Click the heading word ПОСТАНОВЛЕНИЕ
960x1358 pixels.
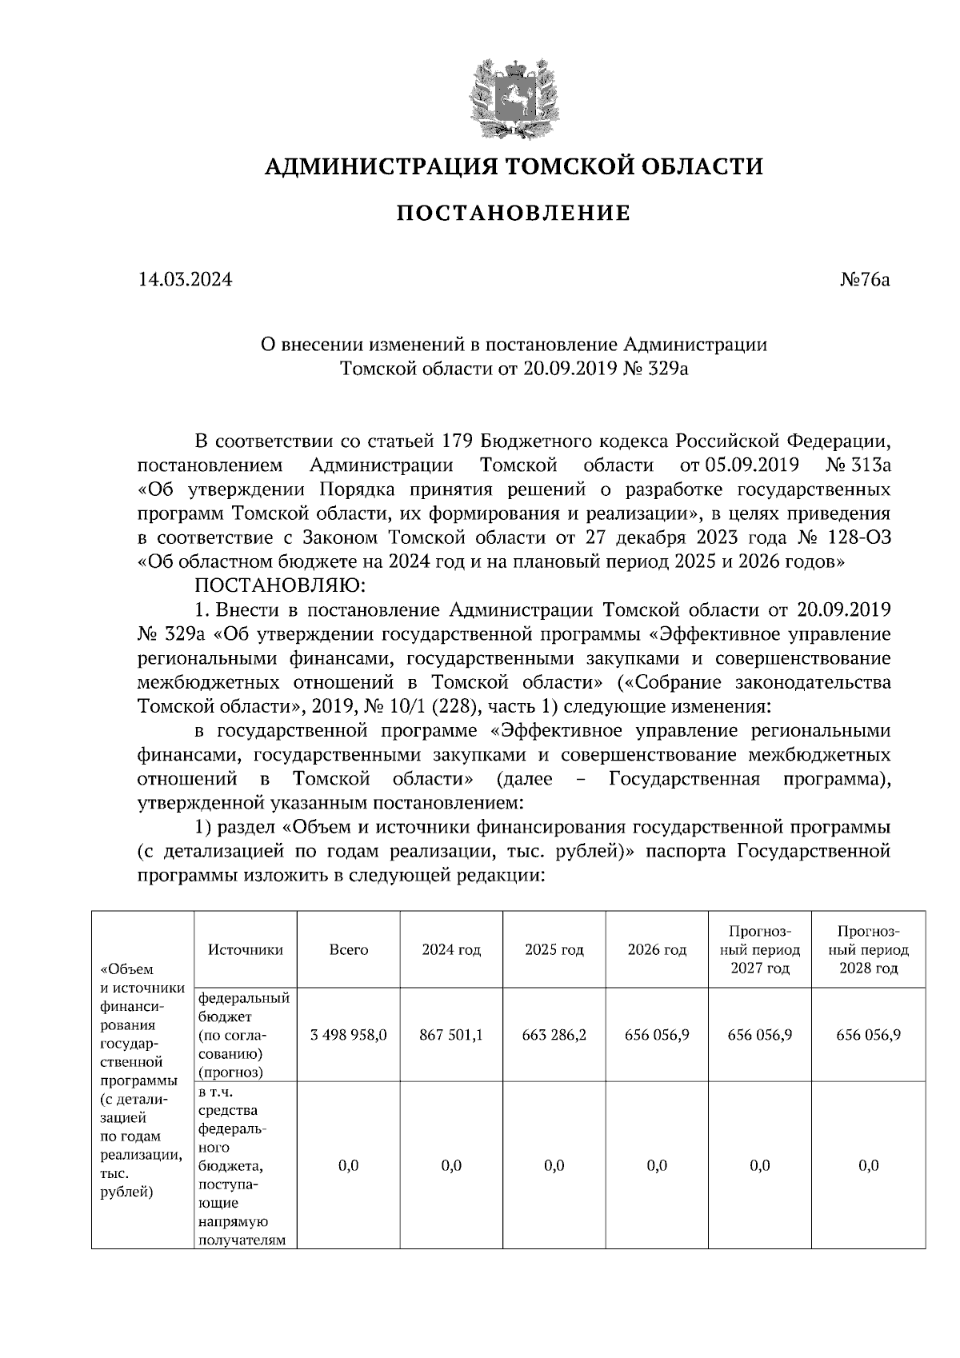(513, 214)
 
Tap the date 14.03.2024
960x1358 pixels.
(185, 280)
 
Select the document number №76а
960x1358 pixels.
(864, 280)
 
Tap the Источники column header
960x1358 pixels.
(245, 950)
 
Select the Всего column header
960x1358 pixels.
(349, 950)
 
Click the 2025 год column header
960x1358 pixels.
(554, 950)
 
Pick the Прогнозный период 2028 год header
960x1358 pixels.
(869, 950)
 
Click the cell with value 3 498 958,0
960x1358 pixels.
(349, 1034)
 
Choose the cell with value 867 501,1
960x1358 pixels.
(451, 1034)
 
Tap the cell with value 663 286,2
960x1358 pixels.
(554, 1034)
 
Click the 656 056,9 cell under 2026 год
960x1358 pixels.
(657, 1034)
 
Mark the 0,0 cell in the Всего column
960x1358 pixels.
(349, 1165)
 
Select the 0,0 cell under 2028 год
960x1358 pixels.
(869, 1165)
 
